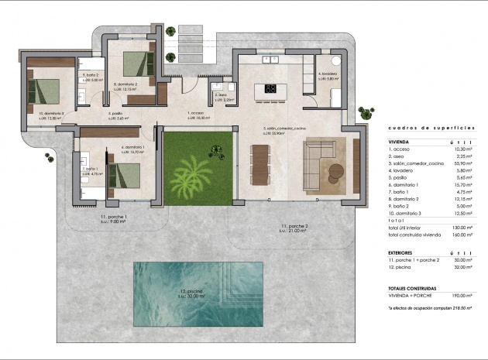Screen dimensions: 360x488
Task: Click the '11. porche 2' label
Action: tap(294, 228)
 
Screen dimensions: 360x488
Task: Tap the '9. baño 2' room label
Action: tap(88, 76)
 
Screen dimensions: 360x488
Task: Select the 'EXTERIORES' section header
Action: tap(404, 252)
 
